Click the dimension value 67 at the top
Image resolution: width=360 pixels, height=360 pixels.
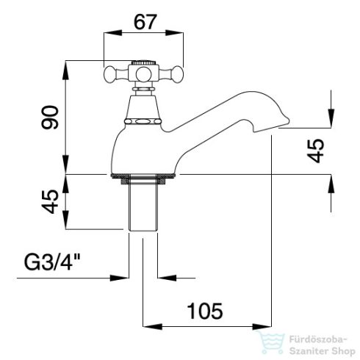pyautogui.click(x=145, y=22)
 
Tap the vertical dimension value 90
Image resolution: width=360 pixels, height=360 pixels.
pyautogui.click(x=50, y=118)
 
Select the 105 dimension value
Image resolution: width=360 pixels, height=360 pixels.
pyautogui.click(x=205, y=311)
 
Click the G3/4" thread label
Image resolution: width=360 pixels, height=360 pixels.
pyautogui.click(x=52, y=262)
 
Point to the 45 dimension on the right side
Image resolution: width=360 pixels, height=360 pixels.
pyautogui.click(x=315, y=151)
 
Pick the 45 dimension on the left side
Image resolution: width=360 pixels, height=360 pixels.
pyautogui.click(x=50, y=201)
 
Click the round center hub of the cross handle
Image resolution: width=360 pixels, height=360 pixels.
pyautogui.click(x=143, y=73)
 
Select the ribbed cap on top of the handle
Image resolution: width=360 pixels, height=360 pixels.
pyautogui.click(x=143, y=62)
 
